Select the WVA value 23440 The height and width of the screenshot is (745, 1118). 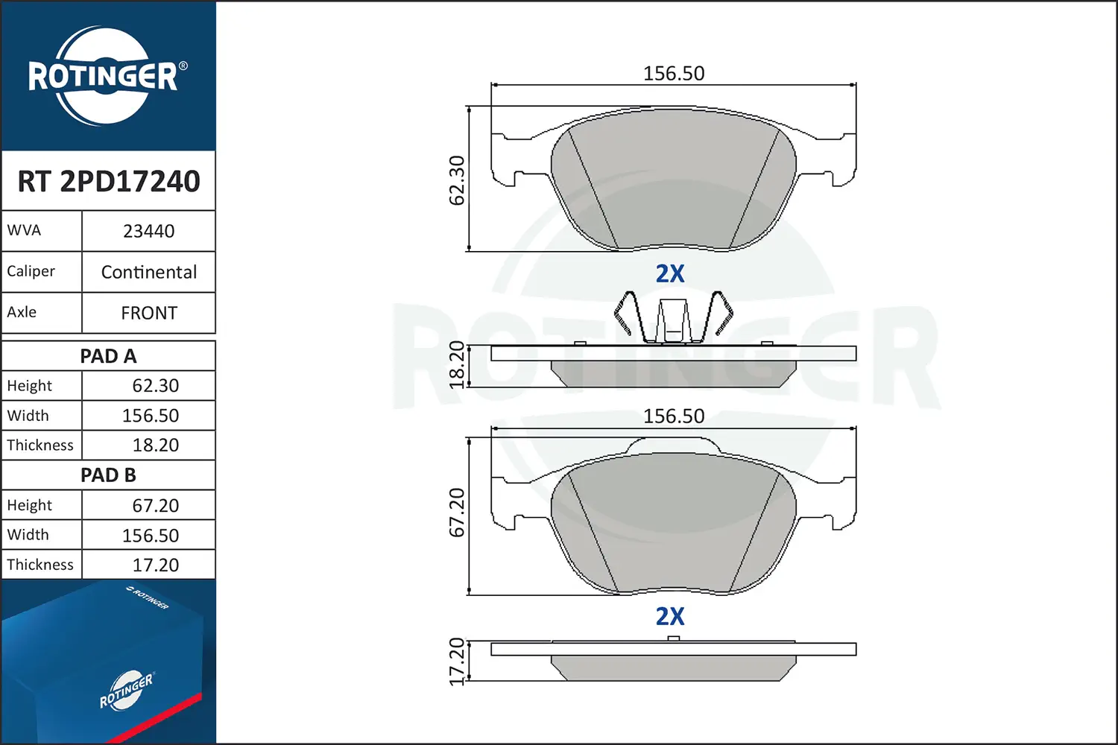click(x=149, y=231)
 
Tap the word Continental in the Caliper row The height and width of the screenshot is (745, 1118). click(x=149, y=272)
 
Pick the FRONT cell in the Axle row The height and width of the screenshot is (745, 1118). click(x=149, y=313)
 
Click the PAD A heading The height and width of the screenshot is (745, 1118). click(x=108, y=356)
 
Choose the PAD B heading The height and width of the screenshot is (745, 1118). click(x=108, y=475)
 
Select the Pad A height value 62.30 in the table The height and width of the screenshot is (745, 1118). click(x=155, y=386)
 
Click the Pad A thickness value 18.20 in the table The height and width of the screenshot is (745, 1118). click(x=155, y=445)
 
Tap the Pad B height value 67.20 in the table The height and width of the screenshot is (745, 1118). click(x=155, y=505)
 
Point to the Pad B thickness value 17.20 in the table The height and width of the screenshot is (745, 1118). click(x=155, y=565)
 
